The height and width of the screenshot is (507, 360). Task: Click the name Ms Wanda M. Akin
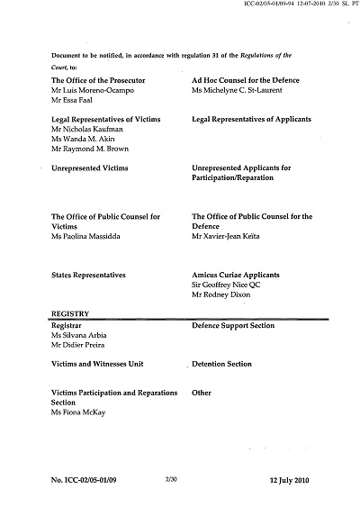pos(83,142)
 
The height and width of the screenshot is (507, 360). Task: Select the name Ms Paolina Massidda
pos(88,236)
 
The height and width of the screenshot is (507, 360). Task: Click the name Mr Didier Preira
pos(81,344)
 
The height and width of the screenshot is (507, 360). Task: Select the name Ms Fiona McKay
pos(79,414)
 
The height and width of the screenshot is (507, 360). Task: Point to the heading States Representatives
pos(88,273)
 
